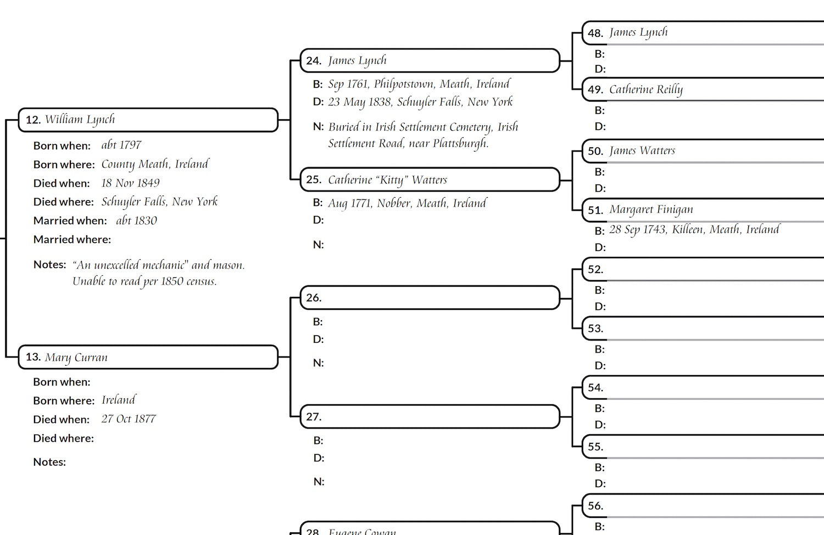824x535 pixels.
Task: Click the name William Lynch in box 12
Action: [x=80, y=120]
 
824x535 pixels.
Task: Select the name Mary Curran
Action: [x=76, y=358]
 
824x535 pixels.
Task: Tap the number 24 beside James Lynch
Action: [x=313, y=61]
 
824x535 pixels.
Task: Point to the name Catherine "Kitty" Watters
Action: [x=387, y=180]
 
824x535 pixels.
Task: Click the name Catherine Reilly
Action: [x=645, y=90]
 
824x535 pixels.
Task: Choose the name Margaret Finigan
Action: [x=651, y=210]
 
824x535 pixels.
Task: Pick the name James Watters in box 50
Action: [x=642, y=151]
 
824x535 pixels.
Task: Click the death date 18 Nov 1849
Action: [x=130, y=183]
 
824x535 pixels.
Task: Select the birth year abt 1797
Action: [x=121, y=145]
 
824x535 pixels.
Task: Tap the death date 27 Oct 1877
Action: [x=129, y=419]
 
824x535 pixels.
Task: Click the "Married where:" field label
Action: [x=72, y=239]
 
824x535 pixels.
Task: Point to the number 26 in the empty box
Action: [x=313, y=298]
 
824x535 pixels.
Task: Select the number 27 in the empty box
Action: [x=313, y=417]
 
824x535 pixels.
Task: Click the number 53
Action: [x=595, y=328]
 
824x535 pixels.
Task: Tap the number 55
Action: [x=595, y=447]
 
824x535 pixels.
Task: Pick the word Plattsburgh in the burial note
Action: [x=460, y=144]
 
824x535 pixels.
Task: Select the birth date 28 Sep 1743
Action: [x=637, y=230]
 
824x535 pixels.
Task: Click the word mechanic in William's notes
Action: [x=163, y=265]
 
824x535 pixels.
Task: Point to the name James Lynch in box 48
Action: [x=638, y=33]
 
